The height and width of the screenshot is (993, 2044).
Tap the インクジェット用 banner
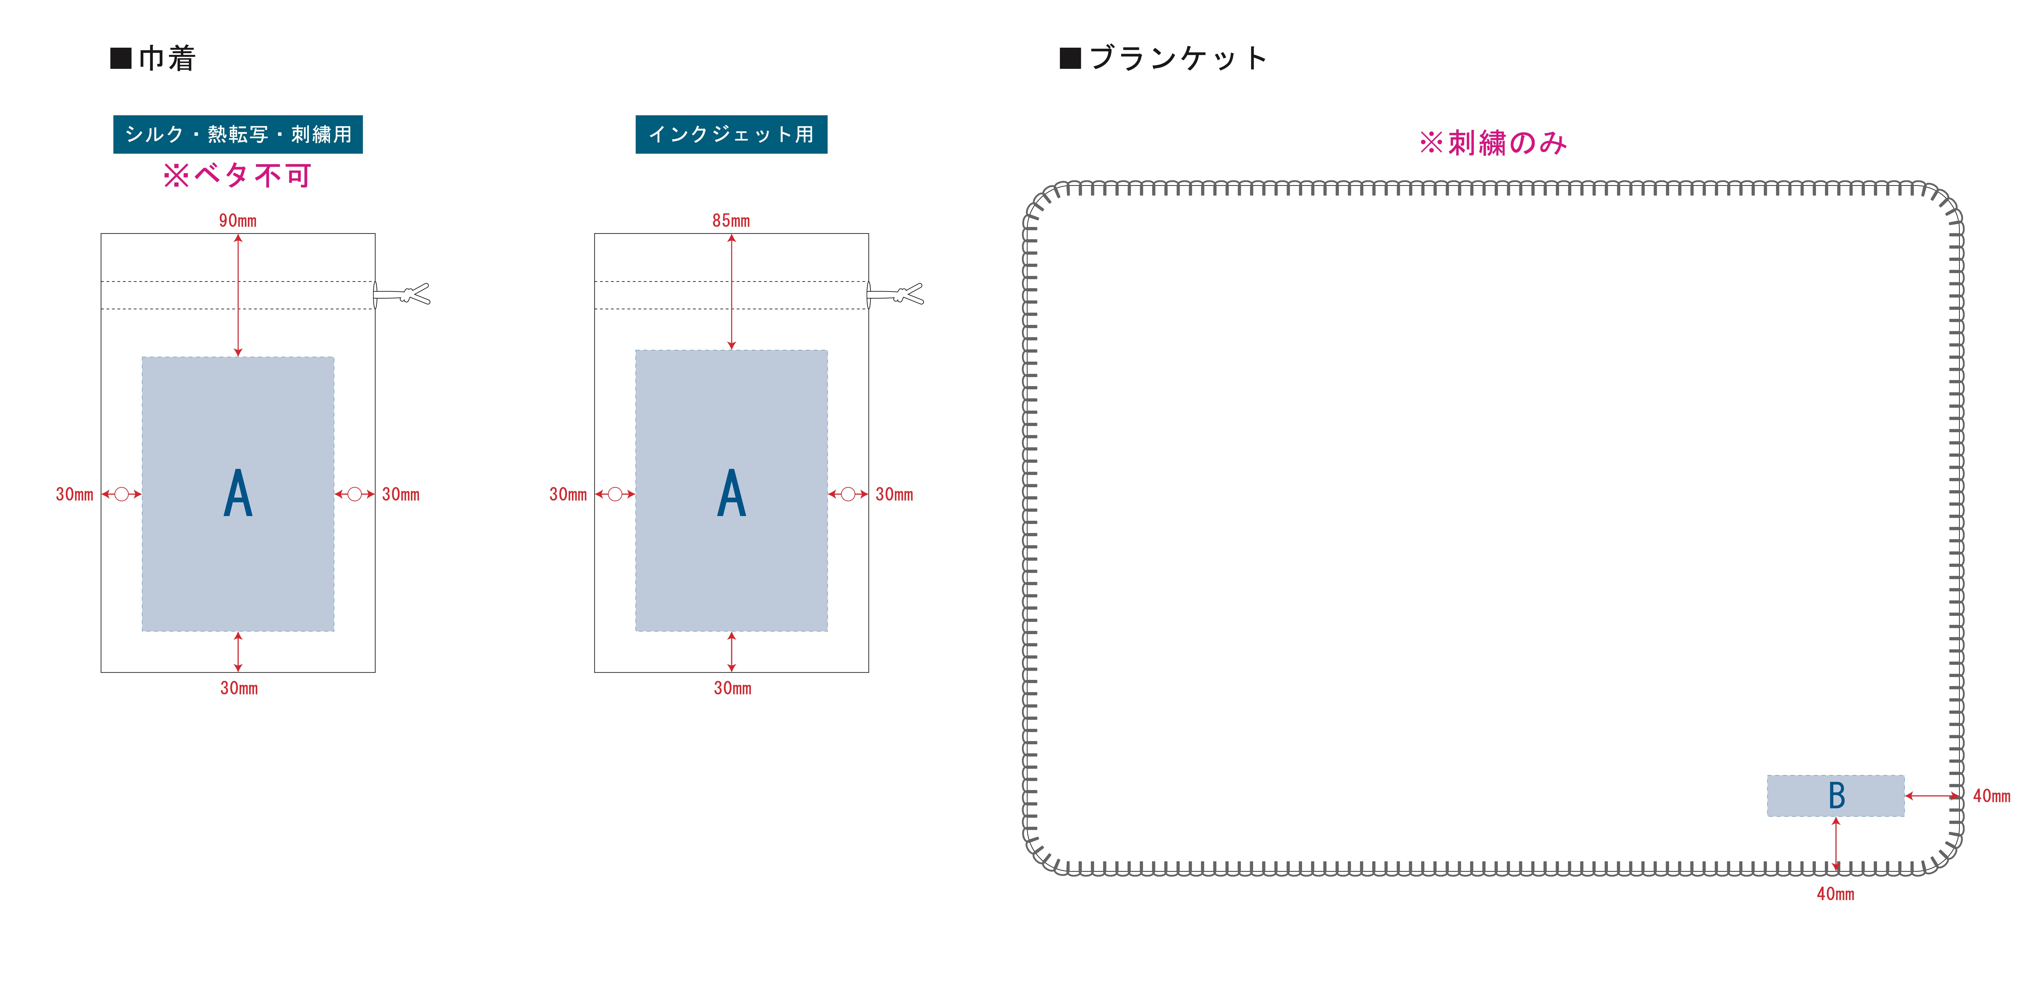click(731, 134)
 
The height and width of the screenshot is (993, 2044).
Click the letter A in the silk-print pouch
click(238, 494)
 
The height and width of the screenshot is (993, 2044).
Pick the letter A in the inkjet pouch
click(732, 494)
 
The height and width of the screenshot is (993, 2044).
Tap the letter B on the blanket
click(1836, 795)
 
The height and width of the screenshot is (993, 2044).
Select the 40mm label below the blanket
click(1835, 894)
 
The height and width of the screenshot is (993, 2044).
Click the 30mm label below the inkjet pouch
click(732, 688)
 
